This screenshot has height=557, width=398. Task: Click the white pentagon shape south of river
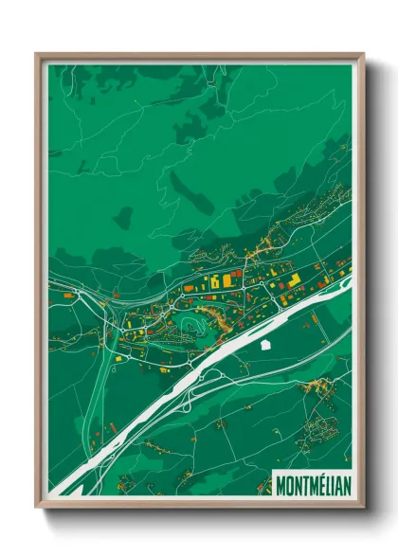point(268,345)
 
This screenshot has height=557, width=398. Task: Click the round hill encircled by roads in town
point(190,327)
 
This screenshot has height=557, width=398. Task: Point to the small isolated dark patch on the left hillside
point(122,218)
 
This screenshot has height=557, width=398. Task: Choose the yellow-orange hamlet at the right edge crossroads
point(323,386)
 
